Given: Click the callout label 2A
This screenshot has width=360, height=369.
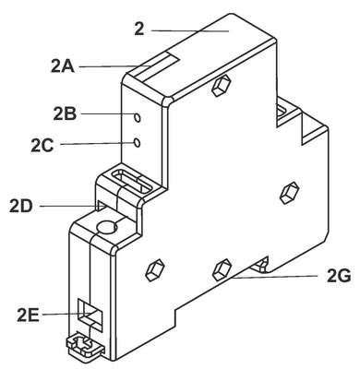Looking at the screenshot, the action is click(63, 66).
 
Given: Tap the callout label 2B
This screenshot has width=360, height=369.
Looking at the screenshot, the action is click(65, 114).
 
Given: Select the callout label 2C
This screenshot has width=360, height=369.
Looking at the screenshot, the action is click(42, 146).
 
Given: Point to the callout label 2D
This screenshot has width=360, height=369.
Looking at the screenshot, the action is click(20, 206).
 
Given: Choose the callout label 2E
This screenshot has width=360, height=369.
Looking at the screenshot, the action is click(28, 315).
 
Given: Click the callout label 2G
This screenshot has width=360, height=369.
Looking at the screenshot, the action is click(339, 277).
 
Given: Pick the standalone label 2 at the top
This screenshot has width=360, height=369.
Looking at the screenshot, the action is click(139, 30).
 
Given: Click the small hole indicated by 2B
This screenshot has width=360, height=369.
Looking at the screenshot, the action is click(138, 117).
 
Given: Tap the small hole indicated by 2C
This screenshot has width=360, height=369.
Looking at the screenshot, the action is click(138, 142).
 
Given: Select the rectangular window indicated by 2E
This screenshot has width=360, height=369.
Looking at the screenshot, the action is click(90, 315).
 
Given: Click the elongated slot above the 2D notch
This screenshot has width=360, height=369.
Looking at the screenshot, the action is click(132, 182).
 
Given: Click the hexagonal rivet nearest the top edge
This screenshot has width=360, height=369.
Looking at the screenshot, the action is click(222, 85).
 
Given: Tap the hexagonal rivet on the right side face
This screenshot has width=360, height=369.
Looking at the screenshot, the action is click(290, 193).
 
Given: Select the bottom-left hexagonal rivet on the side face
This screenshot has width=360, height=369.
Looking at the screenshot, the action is click(155, 269).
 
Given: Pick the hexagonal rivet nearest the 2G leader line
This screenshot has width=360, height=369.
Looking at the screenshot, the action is click(222, 269).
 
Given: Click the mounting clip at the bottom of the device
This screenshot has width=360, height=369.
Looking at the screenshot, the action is click(85, 345).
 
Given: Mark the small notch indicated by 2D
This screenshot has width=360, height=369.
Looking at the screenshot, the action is click(101, 206).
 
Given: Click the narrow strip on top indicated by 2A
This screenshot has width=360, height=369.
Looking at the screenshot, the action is click(157, 65).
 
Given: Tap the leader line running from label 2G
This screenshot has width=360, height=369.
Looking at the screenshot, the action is click(275, 277).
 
